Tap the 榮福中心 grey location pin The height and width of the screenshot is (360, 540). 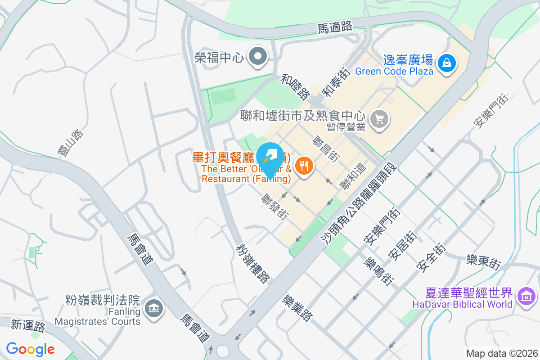(258, 57)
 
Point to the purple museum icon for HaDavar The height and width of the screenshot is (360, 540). (526, 297)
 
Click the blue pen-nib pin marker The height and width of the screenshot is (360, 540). (271, 156)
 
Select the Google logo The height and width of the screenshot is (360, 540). (31, 349)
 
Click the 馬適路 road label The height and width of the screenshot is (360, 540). (335, 27)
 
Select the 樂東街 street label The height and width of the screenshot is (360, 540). (483, 261)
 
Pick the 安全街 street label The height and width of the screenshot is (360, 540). (431, 258)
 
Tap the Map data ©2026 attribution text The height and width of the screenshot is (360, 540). (502, 353)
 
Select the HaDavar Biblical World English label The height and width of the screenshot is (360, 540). (462, 304)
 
